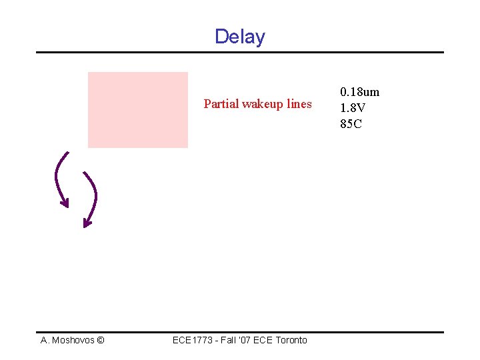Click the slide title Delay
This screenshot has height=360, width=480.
[240, 37]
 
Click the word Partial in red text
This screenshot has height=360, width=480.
[221, 104]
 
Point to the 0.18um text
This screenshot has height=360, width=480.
[359, 92]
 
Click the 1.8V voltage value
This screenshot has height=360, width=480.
[352, 108]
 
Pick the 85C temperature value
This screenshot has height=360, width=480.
[351, 124]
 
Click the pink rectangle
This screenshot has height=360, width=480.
[138, 109]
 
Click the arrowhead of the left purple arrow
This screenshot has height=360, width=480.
[64, 202]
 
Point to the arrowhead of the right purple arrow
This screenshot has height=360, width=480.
[86, 223]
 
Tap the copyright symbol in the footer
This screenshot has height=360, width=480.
[100, 340]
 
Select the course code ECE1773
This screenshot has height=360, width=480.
[193, 340]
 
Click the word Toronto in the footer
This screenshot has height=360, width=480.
[291, 340]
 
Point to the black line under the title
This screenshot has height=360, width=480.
[240, 52]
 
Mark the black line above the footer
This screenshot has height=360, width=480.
[240, 332]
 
